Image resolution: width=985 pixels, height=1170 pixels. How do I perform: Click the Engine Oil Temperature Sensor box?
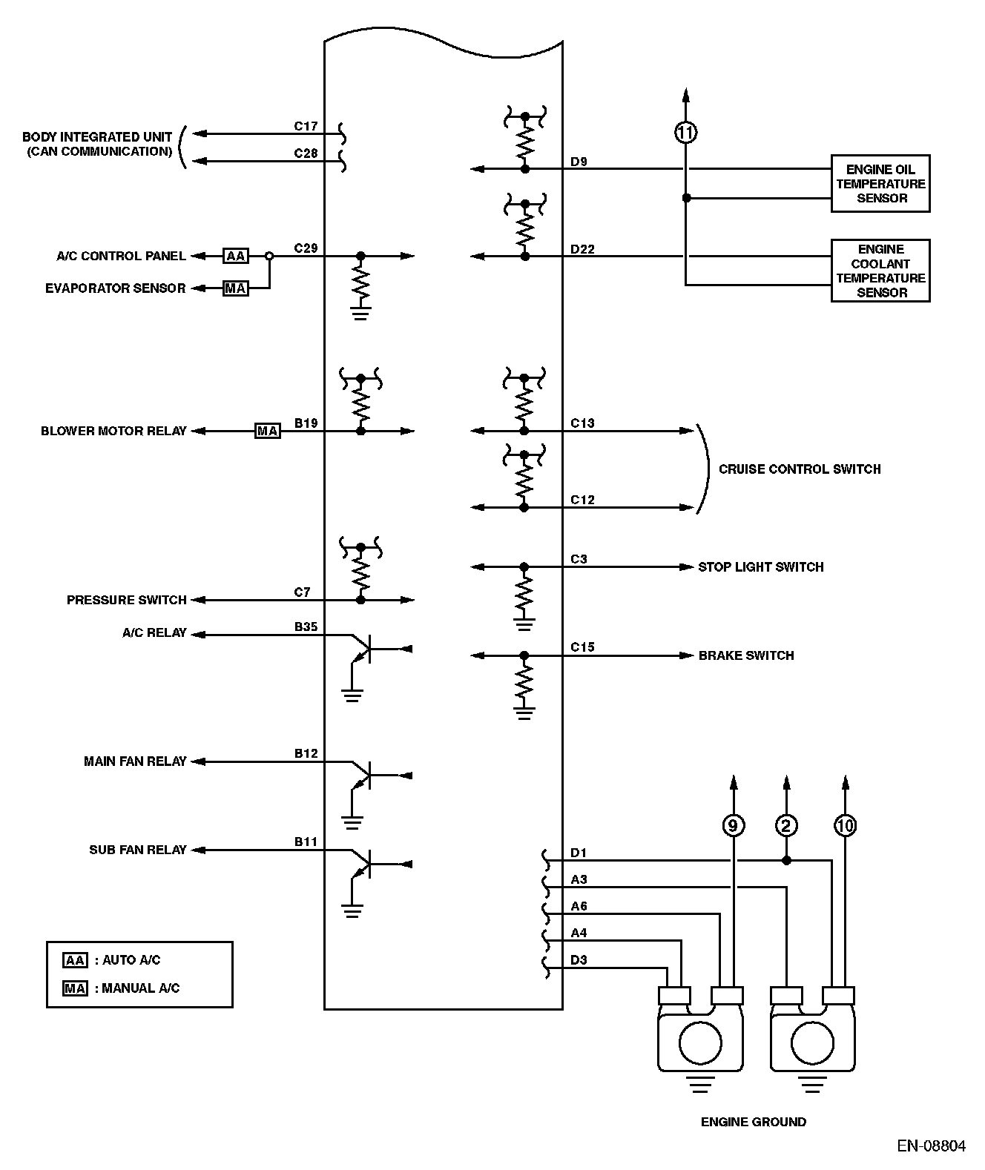[880, 184]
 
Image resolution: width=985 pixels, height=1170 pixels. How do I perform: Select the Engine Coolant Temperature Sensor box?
[880, 271]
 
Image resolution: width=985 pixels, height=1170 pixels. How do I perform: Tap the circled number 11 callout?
[686, 133]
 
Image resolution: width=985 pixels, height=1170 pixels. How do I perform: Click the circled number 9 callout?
[734, 825]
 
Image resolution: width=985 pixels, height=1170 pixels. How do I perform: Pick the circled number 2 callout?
[786, 825]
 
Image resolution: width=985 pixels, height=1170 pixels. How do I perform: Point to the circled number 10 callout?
[846, 825]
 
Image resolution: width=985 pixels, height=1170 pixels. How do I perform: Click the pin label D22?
[582, 249]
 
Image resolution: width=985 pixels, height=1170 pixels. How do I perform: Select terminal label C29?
[306, 248]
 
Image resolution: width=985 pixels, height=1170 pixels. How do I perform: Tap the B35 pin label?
[306, 627]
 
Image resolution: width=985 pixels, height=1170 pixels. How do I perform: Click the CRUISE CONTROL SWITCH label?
[800, 469]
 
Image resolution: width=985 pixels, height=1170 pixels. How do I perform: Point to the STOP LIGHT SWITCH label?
[760, 566]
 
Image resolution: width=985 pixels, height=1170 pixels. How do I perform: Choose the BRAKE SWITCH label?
[745, 655]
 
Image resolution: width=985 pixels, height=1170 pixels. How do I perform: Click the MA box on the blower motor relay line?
[267, 431]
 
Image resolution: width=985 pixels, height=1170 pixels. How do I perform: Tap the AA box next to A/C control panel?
[236, 256]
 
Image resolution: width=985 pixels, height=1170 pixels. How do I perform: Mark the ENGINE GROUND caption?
[753, 1122]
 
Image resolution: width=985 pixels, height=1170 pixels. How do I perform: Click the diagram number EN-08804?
[931, 1146]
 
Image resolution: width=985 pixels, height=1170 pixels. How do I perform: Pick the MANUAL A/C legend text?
[140, 988]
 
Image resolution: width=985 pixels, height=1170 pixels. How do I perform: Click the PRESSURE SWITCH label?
[126, 600]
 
